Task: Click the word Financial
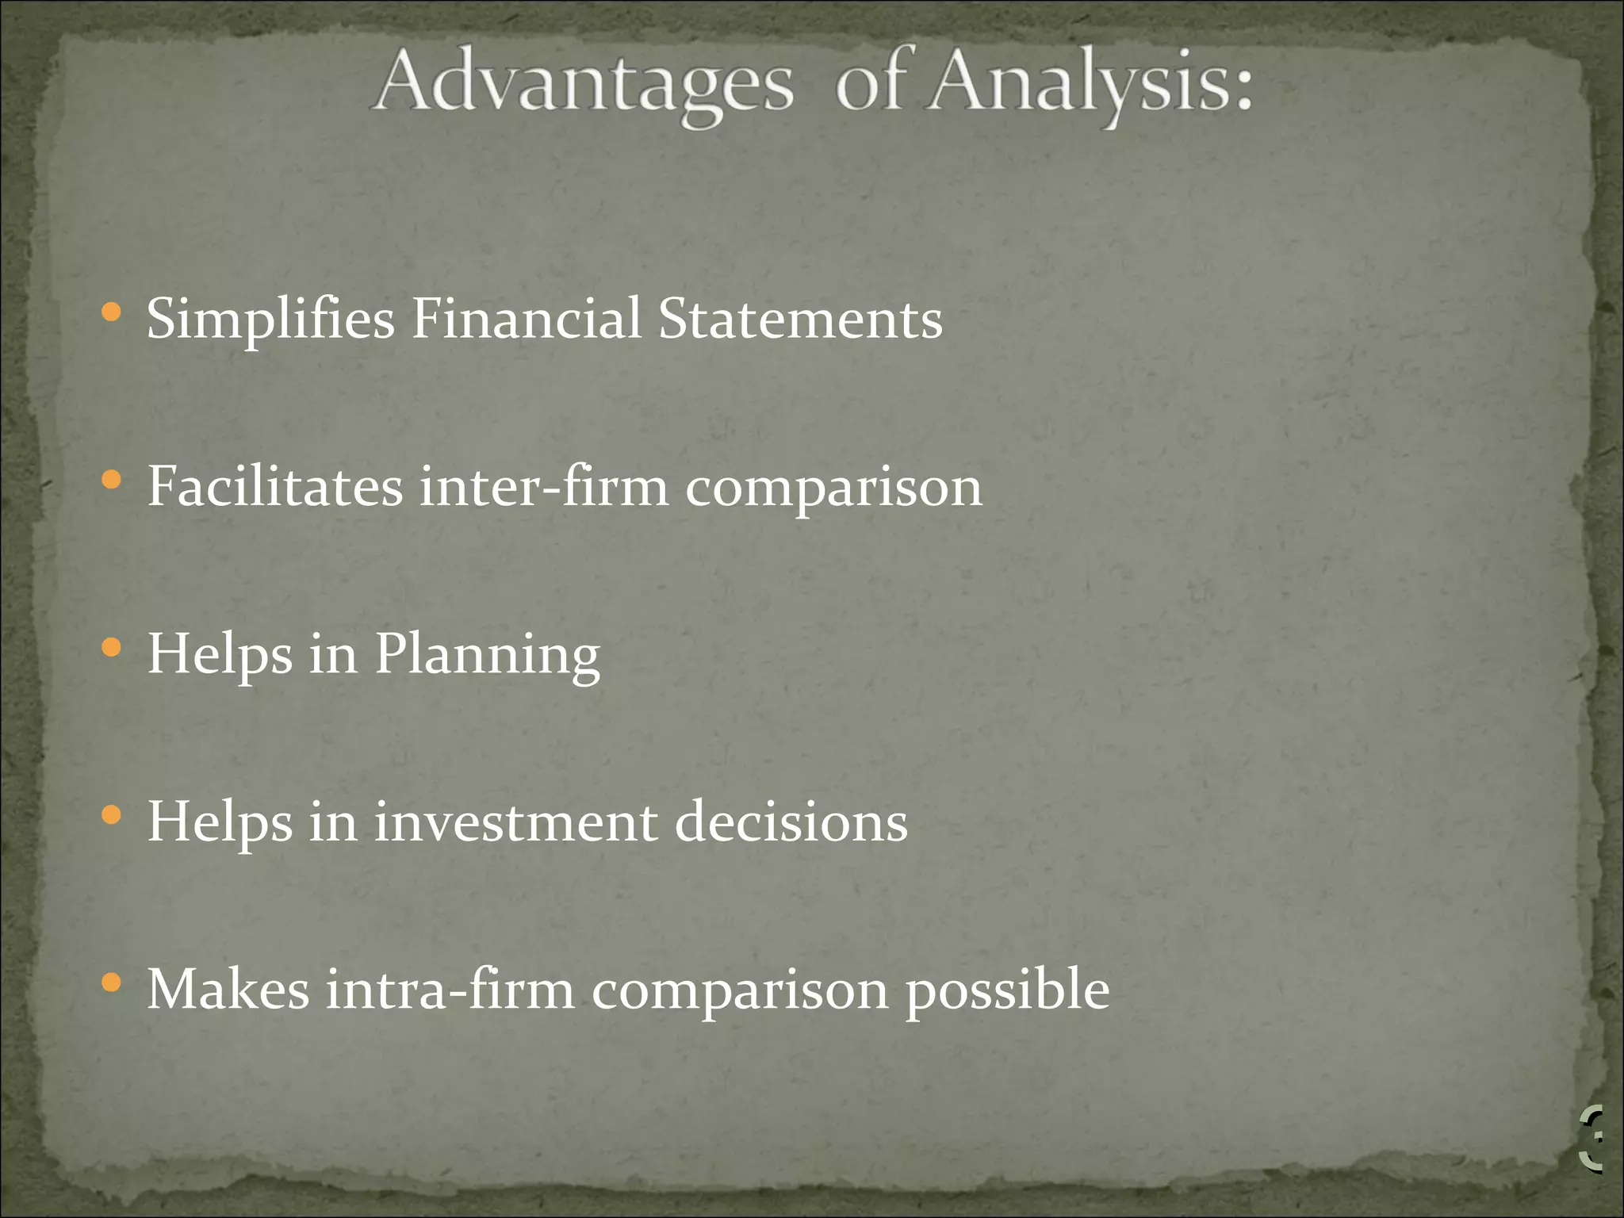pyautogui.click(x=526, y=319)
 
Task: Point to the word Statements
pyautogui.click(x=800, y=319)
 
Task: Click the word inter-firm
pyautogui.click(x=544, y=486)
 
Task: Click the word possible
pyautogui.click(x=1007, y=991)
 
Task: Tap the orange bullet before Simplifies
pyautogui.click(x=112, y=312)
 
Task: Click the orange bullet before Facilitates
pyautogui.click(x=112, y=480)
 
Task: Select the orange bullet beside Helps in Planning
pyautogui.click(x=112, y=648)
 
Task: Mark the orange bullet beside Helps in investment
pyautogui.click(x=112, y=815)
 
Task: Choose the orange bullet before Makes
pyautogui.click(x=112, y=983)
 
